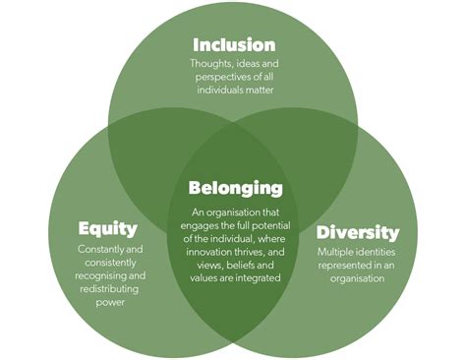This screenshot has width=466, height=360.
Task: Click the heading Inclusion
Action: coord(234,44)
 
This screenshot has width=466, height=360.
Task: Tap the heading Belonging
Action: coord(235,188)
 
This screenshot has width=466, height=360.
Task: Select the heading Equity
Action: coord(107,229)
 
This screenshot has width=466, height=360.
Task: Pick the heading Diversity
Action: coord(358,233)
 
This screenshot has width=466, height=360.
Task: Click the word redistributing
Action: coord(109,290)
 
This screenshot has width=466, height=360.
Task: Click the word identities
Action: coord(380,253)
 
